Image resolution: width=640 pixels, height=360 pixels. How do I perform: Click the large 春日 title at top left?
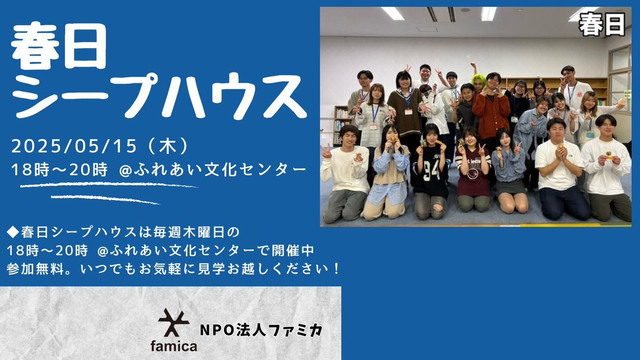coord(59,46)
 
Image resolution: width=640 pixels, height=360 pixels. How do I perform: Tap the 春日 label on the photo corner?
coord(602,25)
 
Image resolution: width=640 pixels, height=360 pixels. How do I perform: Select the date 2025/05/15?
coord(74,146)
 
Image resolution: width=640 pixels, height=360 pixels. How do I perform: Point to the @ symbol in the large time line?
coord(125,170)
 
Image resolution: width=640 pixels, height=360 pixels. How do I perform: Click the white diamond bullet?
coord(13,233)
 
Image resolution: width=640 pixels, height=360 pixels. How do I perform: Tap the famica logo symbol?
coord(174,323)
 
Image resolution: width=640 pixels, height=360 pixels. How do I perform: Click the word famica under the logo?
coord(174,346)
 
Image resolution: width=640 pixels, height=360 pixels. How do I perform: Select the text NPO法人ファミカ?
coord(261,330)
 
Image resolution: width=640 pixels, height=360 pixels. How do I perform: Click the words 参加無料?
coord(35,269)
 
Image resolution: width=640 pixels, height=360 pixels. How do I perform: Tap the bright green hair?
coord(479,79)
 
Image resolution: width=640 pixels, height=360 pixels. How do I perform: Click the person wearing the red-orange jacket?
coord(491,114)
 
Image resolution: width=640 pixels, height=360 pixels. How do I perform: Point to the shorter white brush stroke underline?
coord(105,199)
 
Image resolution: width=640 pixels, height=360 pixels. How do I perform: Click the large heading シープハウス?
coord(159,96)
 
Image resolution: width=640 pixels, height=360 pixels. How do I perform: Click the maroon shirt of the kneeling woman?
coord(473,174)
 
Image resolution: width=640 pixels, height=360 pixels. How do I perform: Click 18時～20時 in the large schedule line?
coord(59,170)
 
